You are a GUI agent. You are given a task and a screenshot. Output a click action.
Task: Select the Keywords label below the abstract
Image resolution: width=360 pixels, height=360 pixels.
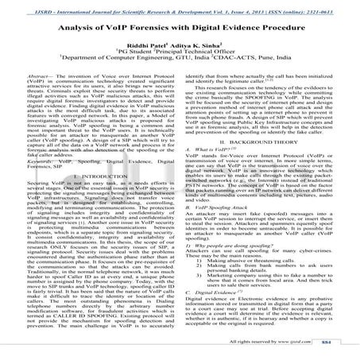[37, 160]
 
